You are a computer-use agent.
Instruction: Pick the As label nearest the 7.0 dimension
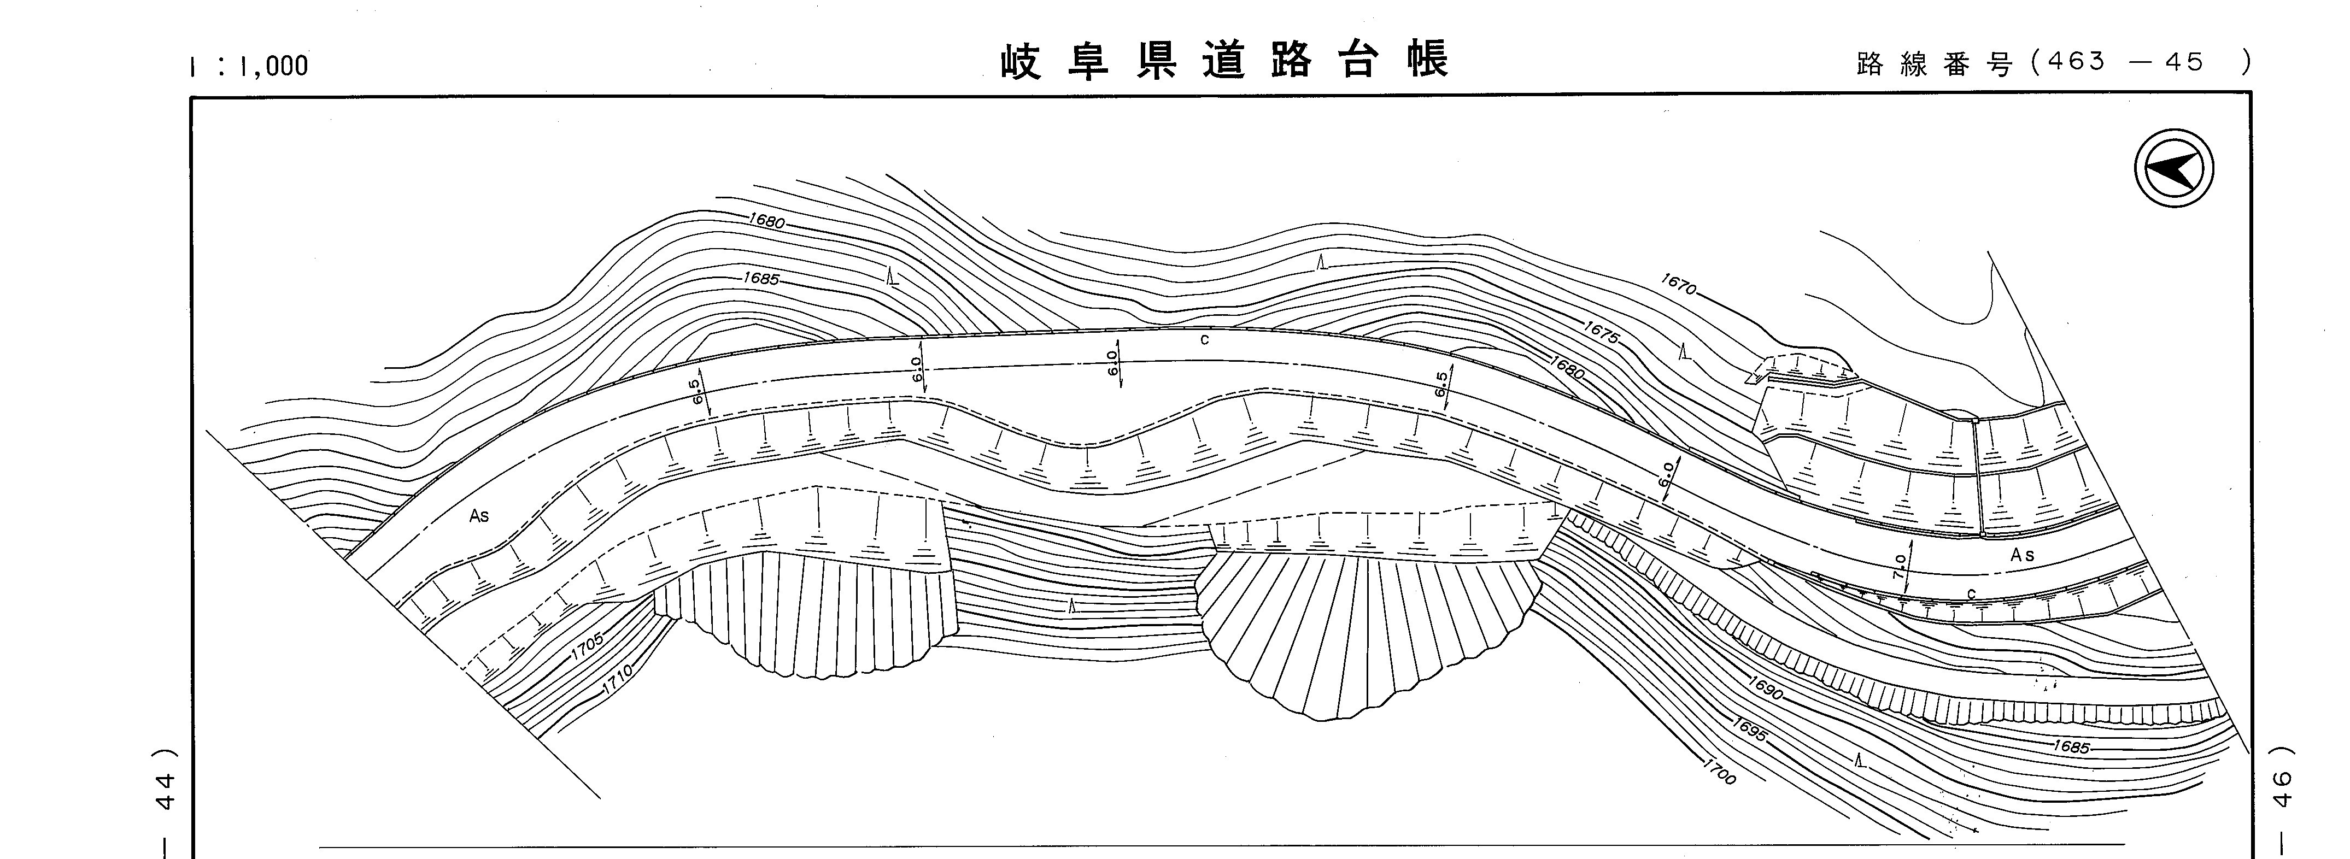click(x=2021, y=555)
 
